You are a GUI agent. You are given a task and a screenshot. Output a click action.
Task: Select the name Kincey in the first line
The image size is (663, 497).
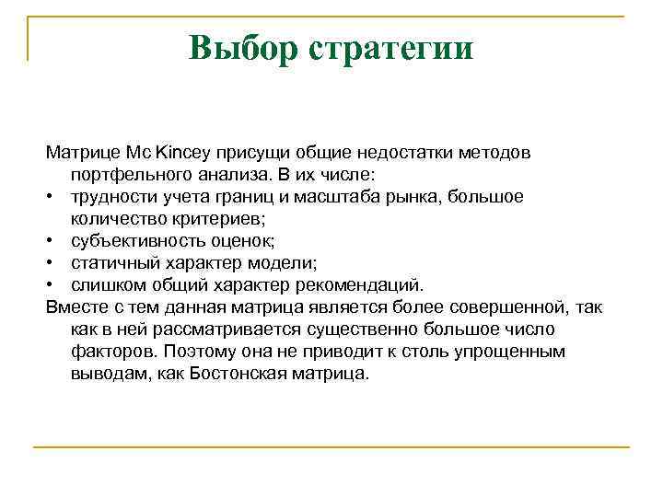[187, 150]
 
